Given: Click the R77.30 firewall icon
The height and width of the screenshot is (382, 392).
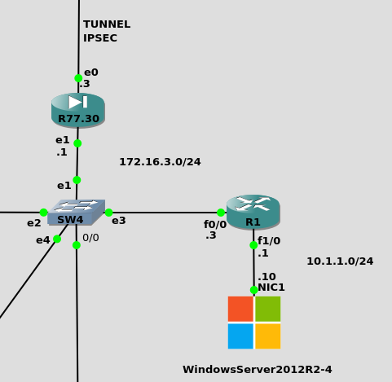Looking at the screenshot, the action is pos(78,110).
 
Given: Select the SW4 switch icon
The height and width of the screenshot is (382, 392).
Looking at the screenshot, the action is pos(77,213).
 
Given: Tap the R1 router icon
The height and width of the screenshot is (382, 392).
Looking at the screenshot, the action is pos(253,212).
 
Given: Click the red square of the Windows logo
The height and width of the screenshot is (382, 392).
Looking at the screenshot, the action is pos(240,309).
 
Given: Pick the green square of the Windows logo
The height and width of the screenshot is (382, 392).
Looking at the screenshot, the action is pos(268,309).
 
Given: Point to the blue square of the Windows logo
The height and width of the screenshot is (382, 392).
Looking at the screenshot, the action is pos(240,336).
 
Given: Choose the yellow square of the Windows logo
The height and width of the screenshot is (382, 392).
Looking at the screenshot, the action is pos(268,336).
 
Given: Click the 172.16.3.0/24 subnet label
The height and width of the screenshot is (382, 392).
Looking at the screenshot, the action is pos(160,162).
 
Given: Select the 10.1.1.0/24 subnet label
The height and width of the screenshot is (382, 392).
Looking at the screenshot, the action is pos(340,261).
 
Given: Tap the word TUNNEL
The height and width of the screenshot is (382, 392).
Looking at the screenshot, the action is pos(107,24).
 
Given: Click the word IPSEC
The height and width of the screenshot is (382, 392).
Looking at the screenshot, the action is pos(100,38).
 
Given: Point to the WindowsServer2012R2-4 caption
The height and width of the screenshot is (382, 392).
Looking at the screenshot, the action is pos(258,370).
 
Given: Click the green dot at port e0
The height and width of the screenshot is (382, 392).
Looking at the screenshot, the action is pos(78,78).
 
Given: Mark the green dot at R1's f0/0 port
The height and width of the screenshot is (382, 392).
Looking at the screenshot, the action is pos(221,213).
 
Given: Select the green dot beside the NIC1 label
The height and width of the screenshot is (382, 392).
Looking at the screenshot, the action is pos(253,290).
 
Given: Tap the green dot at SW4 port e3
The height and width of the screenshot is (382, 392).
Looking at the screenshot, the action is pos(108,213).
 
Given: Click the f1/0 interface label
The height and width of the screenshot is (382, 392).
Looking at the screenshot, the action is pos(269,241).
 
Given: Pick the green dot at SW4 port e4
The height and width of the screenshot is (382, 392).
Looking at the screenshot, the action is pos(57,239).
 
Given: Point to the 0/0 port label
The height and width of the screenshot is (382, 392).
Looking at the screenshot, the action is pos(90,238).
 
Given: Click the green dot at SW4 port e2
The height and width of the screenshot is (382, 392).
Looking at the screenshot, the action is pos(43,213).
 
